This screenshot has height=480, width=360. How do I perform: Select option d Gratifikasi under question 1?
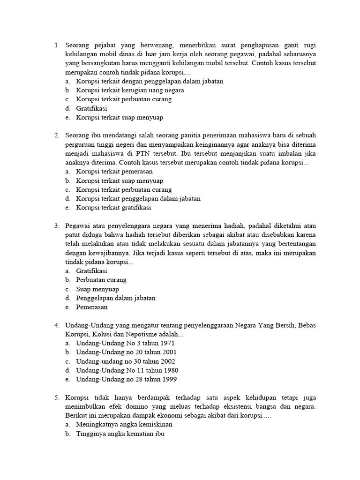click(92, 108)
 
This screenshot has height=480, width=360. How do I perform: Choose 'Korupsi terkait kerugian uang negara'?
click(130, 90)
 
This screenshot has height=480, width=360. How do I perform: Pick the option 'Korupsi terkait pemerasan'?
click(111, 172)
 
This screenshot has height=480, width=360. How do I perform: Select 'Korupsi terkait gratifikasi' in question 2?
click(113, 208)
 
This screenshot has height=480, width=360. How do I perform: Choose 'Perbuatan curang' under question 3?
click(101, 280)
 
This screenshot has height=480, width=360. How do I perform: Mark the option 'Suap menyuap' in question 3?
click(97, 289)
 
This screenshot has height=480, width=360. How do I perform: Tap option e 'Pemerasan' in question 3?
click(92, 307)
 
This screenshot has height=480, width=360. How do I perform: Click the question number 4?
click(56, 325)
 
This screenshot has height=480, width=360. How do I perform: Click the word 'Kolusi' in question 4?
click(101, 334)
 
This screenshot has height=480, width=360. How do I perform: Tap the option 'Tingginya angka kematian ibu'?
click(120, 434)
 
